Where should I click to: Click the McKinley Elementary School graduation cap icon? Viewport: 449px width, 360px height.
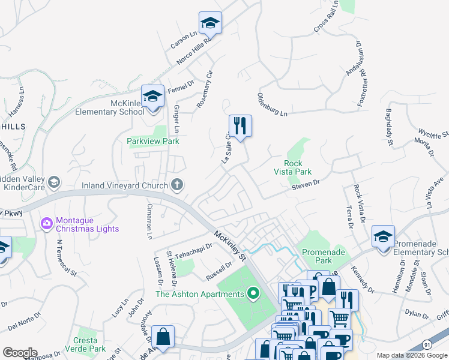[152, 97]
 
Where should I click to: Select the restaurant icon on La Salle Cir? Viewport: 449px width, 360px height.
[240, 126]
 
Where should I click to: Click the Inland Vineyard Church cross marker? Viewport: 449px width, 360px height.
[176, 185]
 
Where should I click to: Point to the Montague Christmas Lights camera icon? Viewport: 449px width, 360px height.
[46, 223]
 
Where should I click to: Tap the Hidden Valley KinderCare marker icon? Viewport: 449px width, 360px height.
[53, 182]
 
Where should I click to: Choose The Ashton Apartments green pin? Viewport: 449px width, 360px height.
[253, 293]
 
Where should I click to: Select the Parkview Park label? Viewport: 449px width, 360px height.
[153, 141]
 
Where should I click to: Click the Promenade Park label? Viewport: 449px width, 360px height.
[324, 257]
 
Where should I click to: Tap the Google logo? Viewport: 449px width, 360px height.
[20, 353]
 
